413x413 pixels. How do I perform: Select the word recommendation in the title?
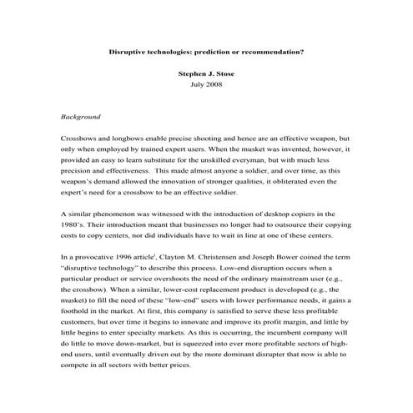270,50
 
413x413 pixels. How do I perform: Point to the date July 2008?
206,85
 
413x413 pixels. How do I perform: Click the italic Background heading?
82,117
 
